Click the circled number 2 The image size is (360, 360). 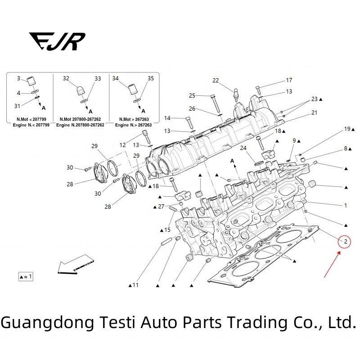coord(345,243)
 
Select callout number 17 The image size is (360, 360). coord(289,81)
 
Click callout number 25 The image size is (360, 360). coord(192,95)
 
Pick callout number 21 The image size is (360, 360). coord(314,112)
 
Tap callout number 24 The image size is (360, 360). coord(243,148)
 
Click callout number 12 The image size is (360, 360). coord(123,145)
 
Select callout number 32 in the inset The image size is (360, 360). coord(66,78)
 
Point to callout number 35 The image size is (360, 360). coord(151,78)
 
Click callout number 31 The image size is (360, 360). coord(17,106)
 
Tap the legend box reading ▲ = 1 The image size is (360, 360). coord(26,276)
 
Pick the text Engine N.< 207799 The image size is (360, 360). coord(29,124)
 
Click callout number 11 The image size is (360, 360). coord(135,285)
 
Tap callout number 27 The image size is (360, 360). coord(161,207)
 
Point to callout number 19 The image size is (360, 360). coord(347,129)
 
